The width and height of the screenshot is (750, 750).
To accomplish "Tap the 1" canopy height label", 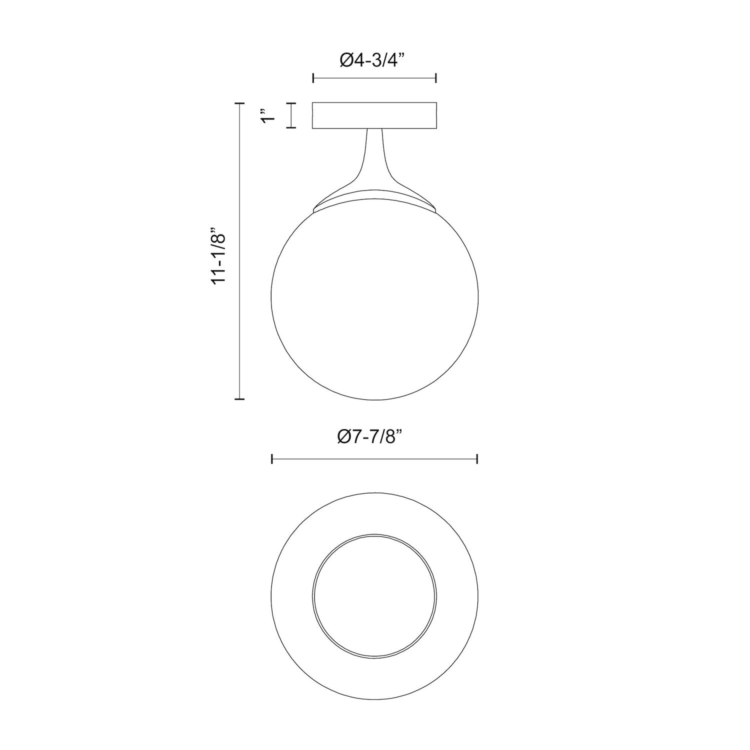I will pos(269,115).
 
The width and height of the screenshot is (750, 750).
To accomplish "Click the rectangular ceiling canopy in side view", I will pos(374,115).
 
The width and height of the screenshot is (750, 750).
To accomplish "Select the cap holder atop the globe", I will pos(374,200).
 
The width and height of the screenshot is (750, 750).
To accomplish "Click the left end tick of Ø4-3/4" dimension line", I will pos(313,78).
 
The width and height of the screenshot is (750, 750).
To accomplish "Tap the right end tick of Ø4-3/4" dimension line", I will pos(436,78).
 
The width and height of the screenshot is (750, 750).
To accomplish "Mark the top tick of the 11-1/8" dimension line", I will pos(239,103).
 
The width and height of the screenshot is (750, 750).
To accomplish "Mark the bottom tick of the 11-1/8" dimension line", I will pos(239,399).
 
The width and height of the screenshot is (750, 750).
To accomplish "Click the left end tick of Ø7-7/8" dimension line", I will pos(271,459).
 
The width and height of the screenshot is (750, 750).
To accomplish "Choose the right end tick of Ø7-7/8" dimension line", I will pos(477,459).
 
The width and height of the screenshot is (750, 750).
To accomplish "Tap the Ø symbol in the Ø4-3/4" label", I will pos(347,60).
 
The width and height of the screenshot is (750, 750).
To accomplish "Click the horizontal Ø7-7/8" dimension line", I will pos(374,459).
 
